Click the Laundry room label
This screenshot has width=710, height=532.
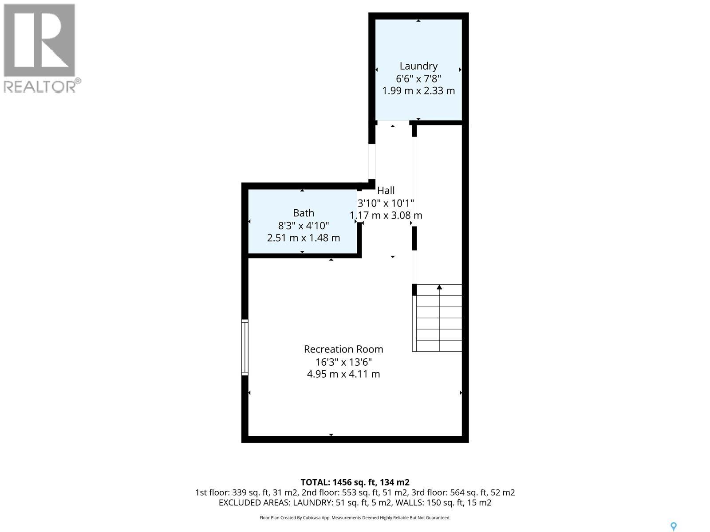pyautogui.click(x=418, y=66)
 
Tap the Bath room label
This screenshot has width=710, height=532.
pyautogui.click(x=304, y=213)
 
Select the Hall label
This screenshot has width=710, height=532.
pyautogui.click(x=386, y=191)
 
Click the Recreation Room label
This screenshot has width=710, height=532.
pyautogui.click(x=343, y=349)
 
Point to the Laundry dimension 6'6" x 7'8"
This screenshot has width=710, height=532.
pyautogui.click(x=418, y=78)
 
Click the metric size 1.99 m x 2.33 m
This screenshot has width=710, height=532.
pyautogui.click(x=418, y=91)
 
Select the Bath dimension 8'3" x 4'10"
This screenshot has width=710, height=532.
pyautogui.click(x=304, y=225)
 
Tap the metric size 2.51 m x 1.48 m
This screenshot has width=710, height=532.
pyautogui.click(x=304, y=238)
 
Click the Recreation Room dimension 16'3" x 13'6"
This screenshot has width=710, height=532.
pyautogui.click(x=343, y=362)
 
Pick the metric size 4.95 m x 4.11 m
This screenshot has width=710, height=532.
pyautogui.click(x=343, y=374)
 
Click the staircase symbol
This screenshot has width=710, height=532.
pyautogui.click(x=438, y=318)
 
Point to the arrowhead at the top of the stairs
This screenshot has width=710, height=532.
pyautogui.click(x=439, y=287)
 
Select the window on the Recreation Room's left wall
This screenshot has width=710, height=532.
pyautogui.click(x=245, y=347)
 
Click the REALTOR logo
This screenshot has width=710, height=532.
pyautogui.click(x=39, y=41)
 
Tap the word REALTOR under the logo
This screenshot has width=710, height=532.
pyautogui.click(x=40, y=86)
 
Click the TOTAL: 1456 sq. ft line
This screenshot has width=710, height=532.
pyautogui.click(x=355, y=482)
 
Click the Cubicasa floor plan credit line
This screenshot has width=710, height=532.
pyautogui.click(x=355, y=518)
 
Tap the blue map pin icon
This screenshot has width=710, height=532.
pyautogui.click(x=673, y=526)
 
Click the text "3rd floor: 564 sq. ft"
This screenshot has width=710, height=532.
pyautogui.click(x=468, y=493)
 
